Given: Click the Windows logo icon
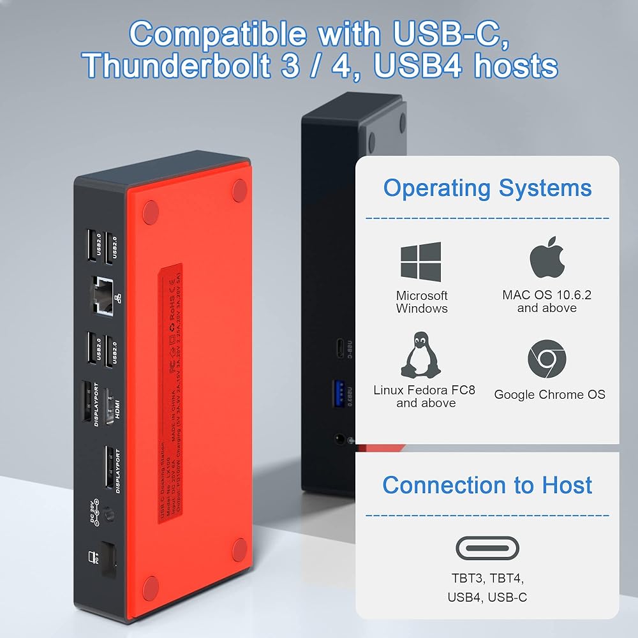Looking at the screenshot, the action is click(420, 262).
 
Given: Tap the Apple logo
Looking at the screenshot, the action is click(547, 258).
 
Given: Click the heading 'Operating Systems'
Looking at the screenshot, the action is click(487, 188).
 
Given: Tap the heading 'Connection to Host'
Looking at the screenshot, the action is click(487, 486).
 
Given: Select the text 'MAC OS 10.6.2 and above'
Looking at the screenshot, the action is click(547, 301).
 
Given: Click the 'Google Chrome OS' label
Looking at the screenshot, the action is click(549, 394).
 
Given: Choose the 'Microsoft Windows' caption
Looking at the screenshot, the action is click(422, 302).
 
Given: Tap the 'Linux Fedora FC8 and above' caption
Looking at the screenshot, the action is click(424, 396).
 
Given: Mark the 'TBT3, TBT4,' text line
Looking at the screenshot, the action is click(487, 579).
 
